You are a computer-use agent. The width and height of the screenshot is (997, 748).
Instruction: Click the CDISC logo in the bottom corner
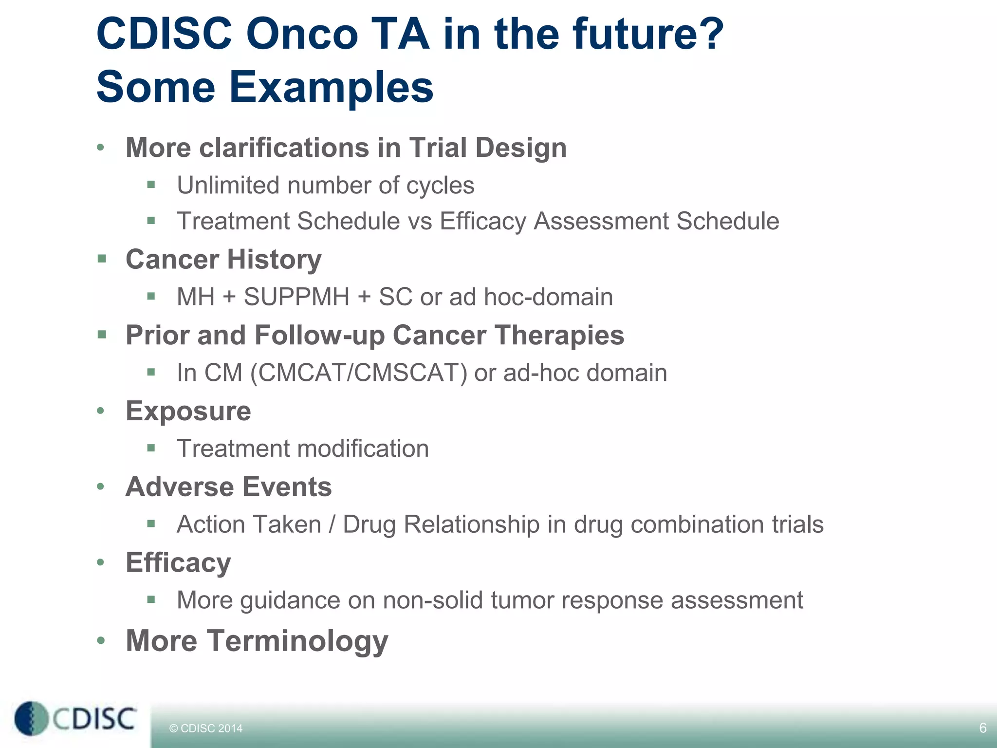75,718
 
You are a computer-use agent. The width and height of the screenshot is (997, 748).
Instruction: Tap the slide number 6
982,728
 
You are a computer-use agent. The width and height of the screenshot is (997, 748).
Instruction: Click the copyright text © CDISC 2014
205,729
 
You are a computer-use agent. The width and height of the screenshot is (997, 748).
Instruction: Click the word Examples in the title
331,88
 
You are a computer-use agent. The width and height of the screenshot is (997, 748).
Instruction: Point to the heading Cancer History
223,259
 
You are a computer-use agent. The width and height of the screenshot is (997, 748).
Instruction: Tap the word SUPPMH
296,297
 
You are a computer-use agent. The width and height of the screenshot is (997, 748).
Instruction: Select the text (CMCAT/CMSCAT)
359,373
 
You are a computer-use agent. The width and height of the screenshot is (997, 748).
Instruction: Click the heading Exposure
188,411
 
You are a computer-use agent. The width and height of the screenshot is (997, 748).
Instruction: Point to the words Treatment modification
303,449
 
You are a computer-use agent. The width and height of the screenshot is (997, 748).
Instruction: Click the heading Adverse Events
228,487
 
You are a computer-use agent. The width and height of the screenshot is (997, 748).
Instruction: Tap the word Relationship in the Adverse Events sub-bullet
472,524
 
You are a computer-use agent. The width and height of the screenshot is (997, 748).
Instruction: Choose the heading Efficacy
178,562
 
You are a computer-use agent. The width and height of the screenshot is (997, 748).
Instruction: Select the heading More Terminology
257,640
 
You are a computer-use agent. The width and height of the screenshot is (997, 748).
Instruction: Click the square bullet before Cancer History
102,258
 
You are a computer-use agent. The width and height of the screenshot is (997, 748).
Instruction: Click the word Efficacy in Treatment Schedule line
483,221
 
